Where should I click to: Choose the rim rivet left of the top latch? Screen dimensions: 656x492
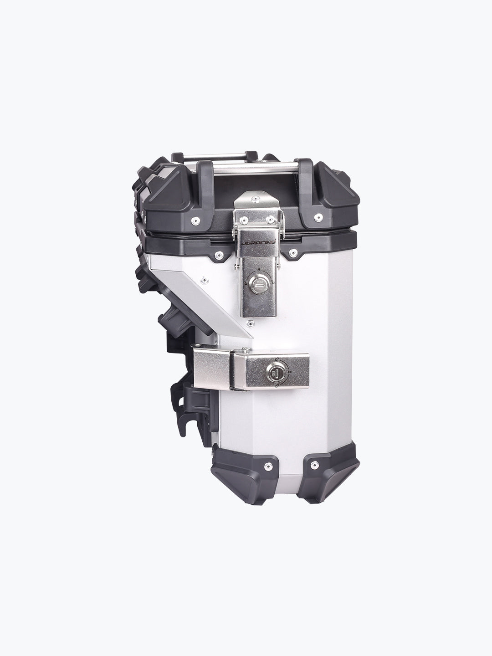(x=219, y=254)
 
